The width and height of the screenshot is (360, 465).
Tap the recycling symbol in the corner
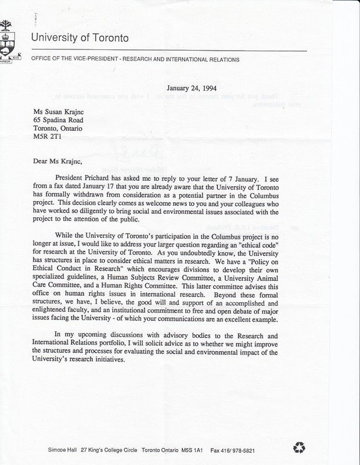pos(300,448)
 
